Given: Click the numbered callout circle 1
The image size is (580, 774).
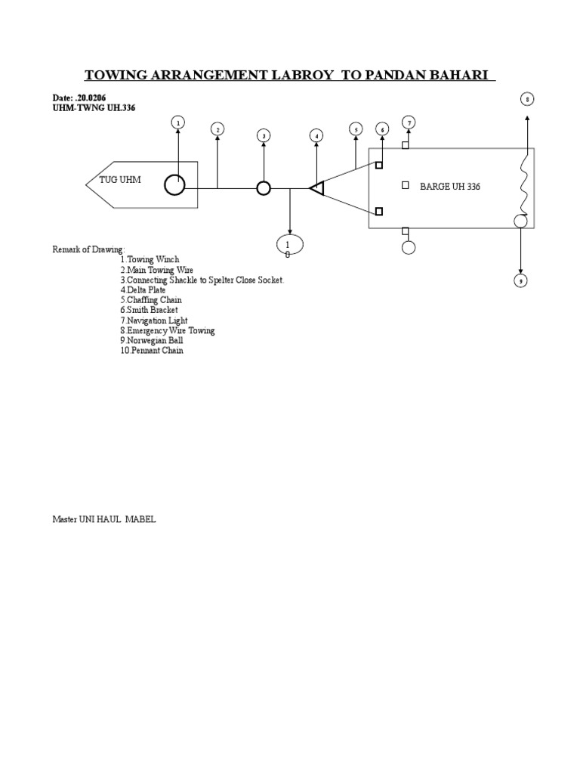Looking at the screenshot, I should pyautogui.click(x=178, y=122).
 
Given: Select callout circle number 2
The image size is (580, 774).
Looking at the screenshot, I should pyautogui.click(x=217, y=129).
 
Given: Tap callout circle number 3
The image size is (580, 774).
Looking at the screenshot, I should pyautogui.click(x=264, y=135).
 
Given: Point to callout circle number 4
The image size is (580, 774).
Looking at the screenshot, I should pyautogui.click(x=316, y=135).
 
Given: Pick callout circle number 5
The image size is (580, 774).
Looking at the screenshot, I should pyautogui.click(x=356, y=129).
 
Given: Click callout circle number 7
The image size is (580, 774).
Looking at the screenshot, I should pyautogui.click(x=409, y=122).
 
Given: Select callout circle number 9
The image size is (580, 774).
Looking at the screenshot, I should pyautogui.click(x=520, y=281).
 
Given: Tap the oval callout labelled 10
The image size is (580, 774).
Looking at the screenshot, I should pyautogui.click(x=290, y=245).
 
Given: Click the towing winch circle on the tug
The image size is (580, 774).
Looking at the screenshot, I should pyautogui.click(x=174, y=184).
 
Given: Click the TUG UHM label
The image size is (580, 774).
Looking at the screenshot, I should pyautogui.click(x=120, y=179).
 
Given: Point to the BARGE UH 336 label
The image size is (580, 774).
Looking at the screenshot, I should pyautogui.click(x=450, y=186).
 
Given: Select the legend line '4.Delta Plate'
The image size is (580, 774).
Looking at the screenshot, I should pyautogui.click(x=143, y=290).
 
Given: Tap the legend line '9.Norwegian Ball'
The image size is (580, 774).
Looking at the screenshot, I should pyautogui.click(x=151, y=341).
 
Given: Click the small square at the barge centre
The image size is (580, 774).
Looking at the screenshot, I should pyautogui.click(x=406, y=184).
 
